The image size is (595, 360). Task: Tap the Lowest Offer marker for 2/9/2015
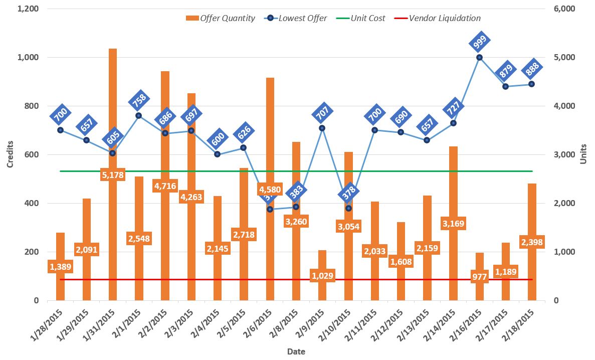(322, 128)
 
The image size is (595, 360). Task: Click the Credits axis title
(10, 154)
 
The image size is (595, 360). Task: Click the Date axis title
(296, 351)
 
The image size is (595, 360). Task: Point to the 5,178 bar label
(113, 175)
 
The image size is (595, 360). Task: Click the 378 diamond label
(349, 191)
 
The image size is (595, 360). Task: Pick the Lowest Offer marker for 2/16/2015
(479, 57)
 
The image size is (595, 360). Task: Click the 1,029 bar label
(322, 276)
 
